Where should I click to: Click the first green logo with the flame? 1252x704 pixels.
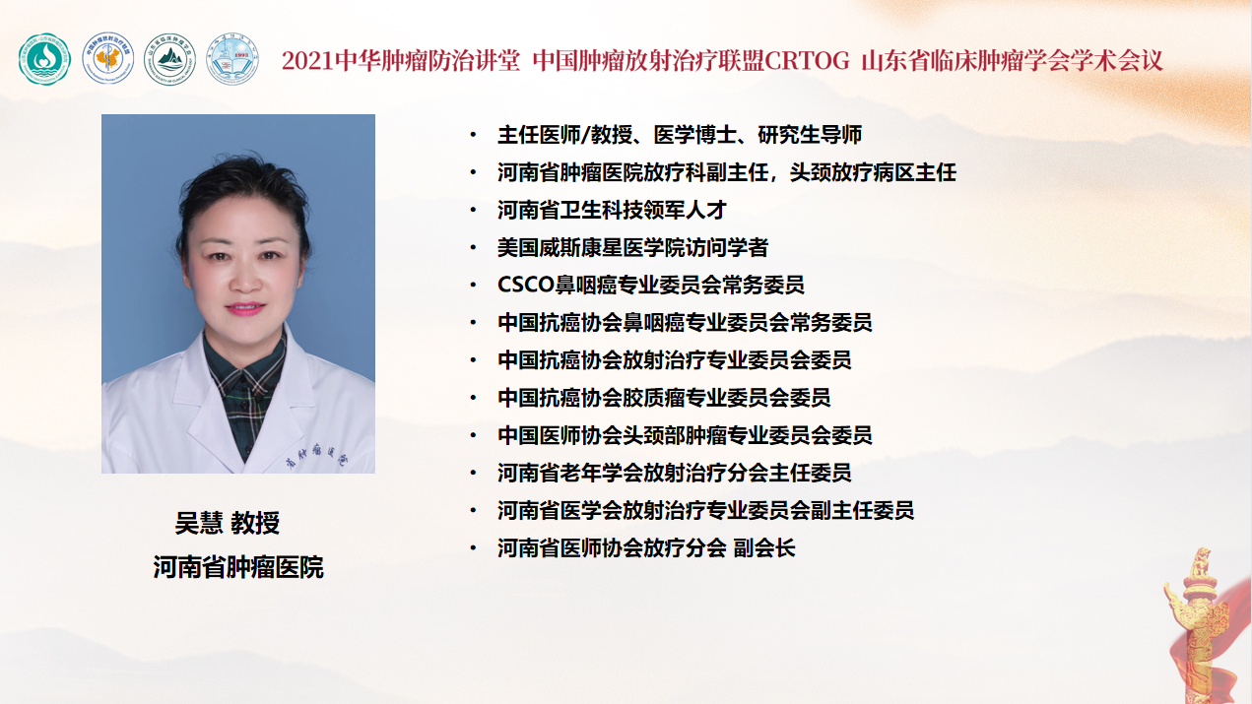(44, 59)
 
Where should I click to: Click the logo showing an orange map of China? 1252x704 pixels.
(108, 59)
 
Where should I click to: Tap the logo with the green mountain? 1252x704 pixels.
(169, 59)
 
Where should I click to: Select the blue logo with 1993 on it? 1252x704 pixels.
(232, 59)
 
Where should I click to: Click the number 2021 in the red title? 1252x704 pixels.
(308, 61)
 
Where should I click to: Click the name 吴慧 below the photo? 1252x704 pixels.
(199, 523)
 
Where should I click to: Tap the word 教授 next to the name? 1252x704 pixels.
(255, 523)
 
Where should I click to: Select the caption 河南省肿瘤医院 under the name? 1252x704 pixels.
(238, 566)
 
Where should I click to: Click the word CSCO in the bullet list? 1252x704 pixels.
(525, 285)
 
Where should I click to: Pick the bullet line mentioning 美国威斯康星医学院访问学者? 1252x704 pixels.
(632, 247)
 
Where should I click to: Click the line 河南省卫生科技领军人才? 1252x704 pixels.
(612, 210)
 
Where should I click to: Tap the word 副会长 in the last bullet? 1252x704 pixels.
(764, 548)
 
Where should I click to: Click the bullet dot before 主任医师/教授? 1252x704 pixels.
(474, 135)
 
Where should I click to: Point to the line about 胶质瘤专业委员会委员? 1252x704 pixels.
(664, 398)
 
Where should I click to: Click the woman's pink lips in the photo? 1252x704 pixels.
(245, 308)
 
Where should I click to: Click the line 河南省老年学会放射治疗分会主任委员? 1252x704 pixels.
(675, 473)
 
